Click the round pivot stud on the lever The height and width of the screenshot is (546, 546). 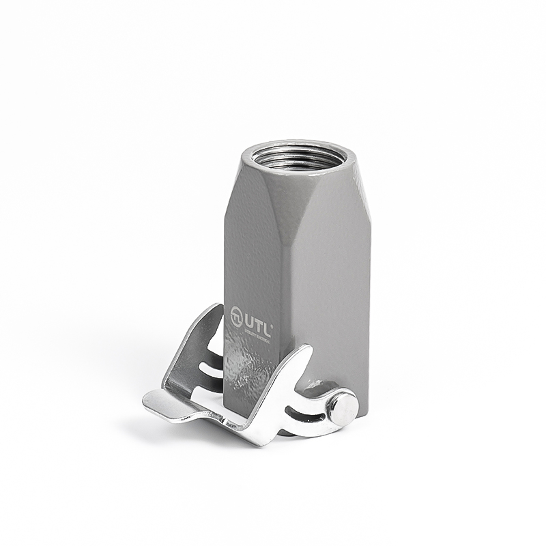pyautogui.click(x=341, y=407)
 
